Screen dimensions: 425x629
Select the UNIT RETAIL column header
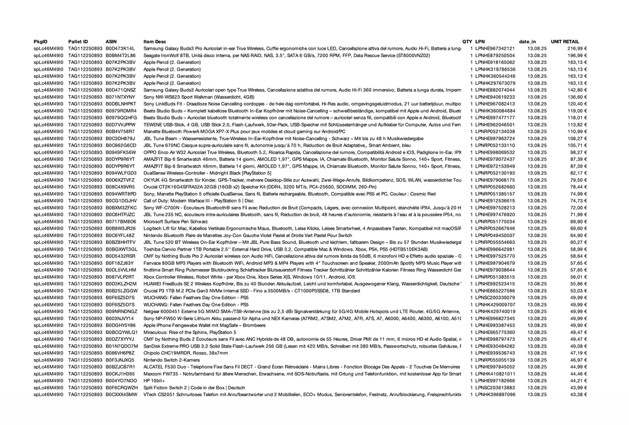(565, 41)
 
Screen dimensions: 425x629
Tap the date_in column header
(527, 41)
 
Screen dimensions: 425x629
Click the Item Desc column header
(154, 41)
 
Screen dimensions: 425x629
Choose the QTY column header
(467, 41)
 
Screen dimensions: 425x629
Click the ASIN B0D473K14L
(120, 49)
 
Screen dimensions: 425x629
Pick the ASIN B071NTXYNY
(120, 97)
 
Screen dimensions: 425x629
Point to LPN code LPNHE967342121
(495, 49)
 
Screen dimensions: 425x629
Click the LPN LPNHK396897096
(495, 394)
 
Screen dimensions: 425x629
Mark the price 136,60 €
(577, 97)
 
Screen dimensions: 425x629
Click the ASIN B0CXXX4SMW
(121, 394)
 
